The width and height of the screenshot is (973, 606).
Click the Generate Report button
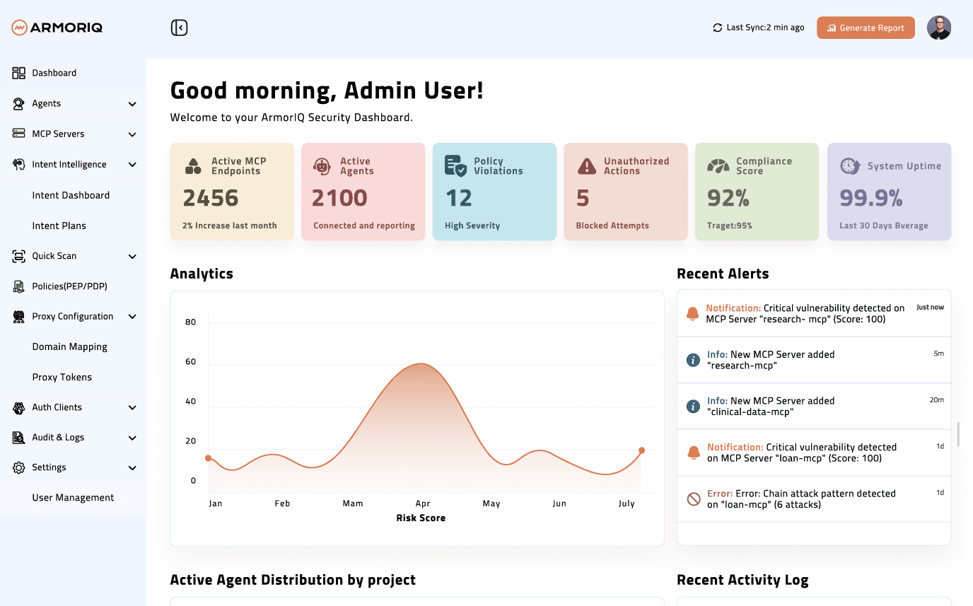click(866, 28)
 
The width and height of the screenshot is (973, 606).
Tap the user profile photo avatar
click(938, 28)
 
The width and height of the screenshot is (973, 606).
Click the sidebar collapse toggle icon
click(179, 28)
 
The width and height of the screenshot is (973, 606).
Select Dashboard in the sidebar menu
click(54, 73)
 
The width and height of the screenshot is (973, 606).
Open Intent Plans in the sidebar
click(59, 226)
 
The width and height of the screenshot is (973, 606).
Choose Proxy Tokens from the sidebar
click(62, 377)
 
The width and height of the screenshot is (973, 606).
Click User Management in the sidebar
click(73, 498)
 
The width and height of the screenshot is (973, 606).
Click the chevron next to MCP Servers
click(132, 134)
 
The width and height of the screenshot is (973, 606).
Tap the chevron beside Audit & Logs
click(132, 438)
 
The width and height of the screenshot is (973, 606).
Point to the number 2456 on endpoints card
click(211, 198)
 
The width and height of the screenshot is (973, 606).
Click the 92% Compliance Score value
click(728, 198)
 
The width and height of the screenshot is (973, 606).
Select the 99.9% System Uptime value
click(870, 198)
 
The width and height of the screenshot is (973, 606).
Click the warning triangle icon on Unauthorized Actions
click(587, 166)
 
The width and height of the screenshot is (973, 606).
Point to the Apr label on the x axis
click(423, 503)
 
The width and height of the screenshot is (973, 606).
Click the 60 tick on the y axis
click(190, 361)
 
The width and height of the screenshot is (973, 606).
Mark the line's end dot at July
click(641, 450)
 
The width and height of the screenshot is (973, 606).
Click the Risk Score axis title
click(421, 518)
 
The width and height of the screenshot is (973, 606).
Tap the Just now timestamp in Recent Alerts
click(930, 308)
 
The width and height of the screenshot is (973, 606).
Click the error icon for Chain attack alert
click(694, 499)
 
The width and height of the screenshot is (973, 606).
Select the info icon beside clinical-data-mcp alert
click(694, 407)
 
